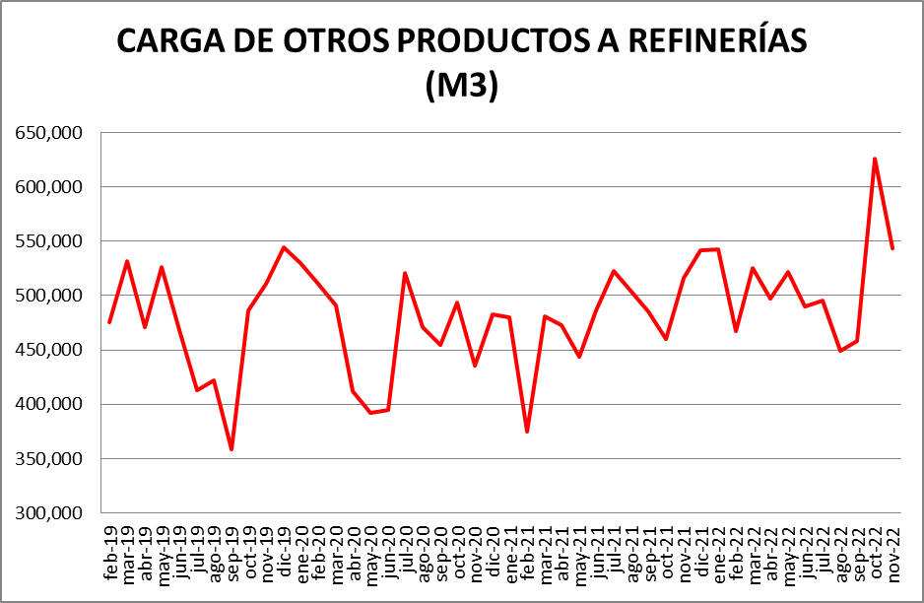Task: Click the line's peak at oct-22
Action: (x=875, y=159)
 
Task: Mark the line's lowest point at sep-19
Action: (x=231, y=449)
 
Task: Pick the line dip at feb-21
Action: (x=527, y=432)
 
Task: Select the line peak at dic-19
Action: (x=284, y=247)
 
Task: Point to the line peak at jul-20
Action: (x=405, y=273)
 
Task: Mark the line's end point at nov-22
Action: (x=892, y=248)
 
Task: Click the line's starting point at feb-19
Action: (x=110, y=322)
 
